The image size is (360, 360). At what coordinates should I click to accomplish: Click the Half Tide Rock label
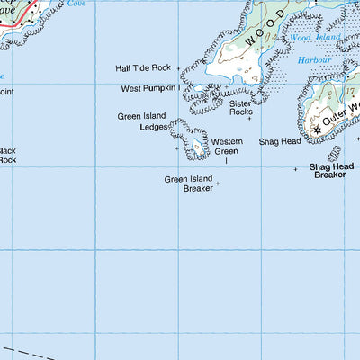(x=142, y=68)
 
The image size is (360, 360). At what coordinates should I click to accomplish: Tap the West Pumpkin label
(x=148, y=89)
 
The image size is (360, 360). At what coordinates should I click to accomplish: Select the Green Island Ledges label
(x=142, y=121)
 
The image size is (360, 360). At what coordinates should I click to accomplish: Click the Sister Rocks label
(x=240, y=108)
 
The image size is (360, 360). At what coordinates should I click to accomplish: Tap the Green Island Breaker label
(x=187, y=184)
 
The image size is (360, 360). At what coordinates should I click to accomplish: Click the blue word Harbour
(x=314, y=59)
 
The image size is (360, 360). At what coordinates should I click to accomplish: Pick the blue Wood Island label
(x=312, y=39)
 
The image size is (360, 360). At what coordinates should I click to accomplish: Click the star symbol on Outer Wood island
(x=317, y=130)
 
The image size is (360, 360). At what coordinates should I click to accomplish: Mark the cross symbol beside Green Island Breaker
(x=217, y=184)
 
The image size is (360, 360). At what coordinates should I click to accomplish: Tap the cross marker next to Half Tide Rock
(x=177, y=67)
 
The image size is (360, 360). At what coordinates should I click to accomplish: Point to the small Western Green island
(x=196, y=143)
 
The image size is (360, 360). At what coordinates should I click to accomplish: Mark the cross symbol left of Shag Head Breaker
(x=295, y=168)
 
